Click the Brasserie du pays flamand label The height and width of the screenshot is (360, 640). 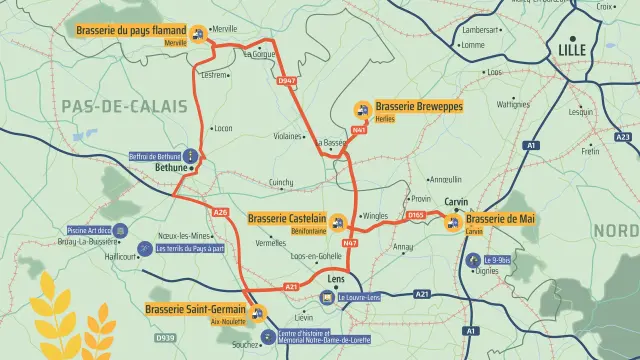point(131,31)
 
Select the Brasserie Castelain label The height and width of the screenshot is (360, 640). point(287,217)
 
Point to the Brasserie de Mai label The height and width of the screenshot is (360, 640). point(500,218)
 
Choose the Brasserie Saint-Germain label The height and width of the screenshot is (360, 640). point(194,309)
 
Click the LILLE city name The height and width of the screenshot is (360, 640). point(573,49)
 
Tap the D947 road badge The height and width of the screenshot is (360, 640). point(287,80)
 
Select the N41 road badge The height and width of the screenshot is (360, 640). point(359,130)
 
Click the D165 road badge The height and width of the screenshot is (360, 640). point(416,214)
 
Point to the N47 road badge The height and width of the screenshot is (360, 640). point(350,243)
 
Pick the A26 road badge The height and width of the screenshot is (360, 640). point(221,212)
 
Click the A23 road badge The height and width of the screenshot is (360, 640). point(623,137)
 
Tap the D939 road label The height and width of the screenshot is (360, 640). point(165,339)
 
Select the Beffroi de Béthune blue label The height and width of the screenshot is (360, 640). point(155,156)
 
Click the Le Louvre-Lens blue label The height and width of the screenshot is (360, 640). point(359,297)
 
